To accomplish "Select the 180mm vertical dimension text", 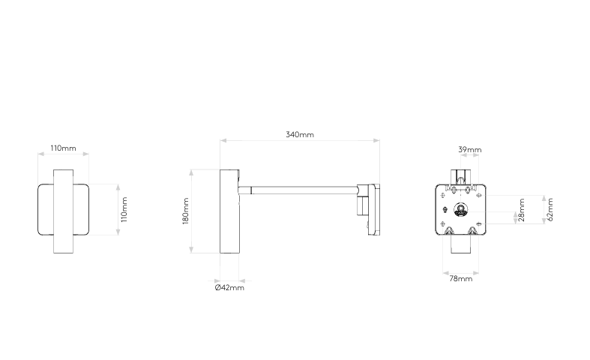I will tap(185, 211).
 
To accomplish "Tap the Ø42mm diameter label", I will tap(229, 287).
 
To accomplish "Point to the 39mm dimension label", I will tap(470, 150).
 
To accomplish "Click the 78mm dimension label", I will tap(460, 279).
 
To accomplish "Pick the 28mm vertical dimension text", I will tap(522, 211).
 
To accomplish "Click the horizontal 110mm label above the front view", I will tap(63, 148).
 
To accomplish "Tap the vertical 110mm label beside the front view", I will tap(124, 210).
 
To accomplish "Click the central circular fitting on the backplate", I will tap(460, 209).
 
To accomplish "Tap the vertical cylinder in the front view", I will tap(63, 211).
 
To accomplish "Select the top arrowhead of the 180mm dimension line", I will tap(193, 171).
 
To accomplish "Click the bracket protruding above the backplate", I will tap(460, 175).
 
